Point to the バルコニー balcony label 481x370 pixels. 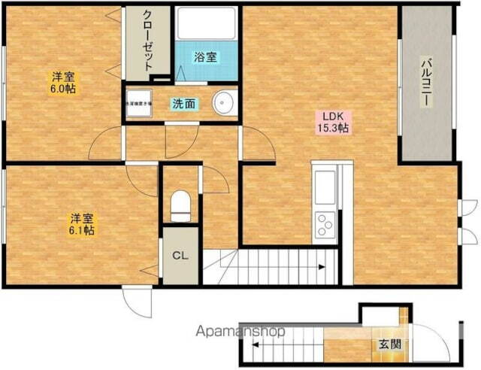pos(426,83)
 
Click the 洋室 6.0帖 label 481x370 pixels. pos(62,83)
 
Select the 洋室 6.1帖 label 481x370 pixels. pos(82,224)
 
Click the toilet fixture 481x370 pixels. pos(180,205)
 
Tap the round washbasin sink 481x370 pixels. pos(222,104)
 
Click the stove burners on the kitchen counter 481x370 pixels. pos(326,222)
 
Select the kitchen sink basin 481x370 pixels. pos(326,186)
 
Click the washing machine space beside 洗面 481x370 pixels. pos(138,104)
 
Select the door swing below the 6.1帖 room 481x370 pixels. pos(137,303)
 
